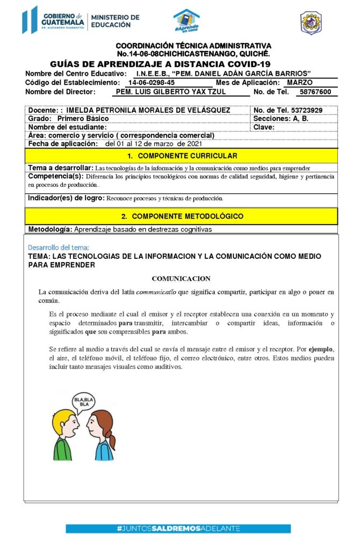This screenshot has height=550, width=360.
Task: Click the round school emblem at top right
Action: tap(311, 22)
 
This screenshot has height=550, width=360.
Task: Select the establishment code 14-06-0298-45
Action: tap(151, 83)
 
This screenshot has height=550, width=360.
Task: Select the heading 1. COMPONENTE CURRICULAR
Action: tap(181, 156)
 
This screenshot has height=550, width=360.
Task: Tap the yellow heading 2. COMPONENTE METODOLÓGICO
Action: tap(181, 216)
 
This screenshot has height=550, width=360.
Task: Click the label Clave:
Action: tap(264, 127)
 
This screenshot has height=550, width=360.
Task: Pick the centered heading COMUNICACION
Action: tap(181, 279)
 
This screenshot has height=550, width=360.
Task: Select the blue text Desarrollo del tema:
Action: tap(59, 248)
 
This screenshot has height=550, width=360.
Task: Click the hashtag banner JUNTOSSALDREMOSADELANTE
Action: tap(178, 529)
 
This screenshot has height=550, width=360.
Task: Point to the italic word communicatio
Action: tap(156, 292)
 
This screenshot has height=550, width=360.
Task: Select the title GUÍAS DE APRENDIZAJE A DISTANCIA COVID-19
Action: tap(160, 64)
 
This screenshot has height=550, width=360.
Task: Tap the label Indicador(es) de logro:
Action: tap(66, 198)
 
